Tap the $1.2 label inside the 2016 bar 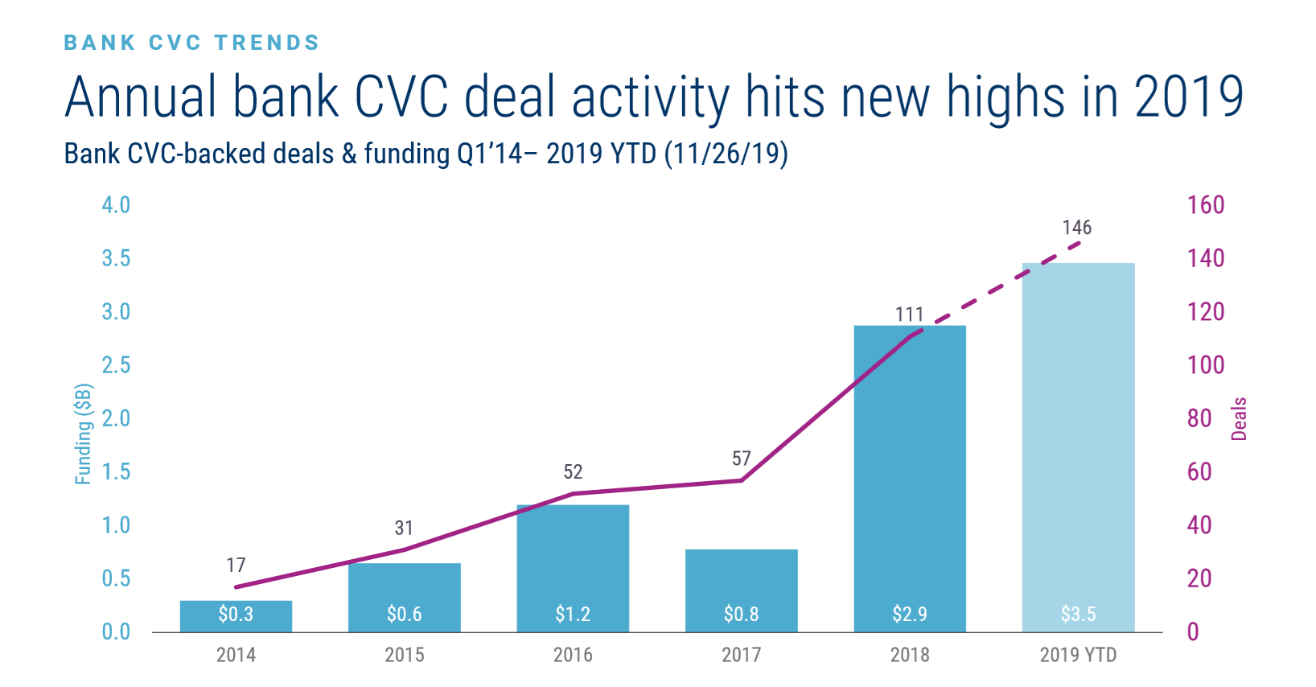573,615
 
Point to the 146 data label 1077,228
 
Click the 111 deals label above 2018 910,314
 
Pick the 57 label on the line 741,459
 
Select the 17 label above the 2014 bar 236,566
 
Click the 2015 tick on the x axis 404,655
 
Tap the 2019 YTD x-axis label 1078,655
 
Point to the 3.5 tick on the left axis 116,258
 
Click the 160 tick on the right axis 1206,205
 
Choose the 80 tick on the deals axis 1199,418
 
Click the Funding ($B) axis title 84,434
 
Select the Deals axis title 1239,418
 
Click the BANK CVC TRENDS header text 191,43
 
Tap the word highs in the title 1005,97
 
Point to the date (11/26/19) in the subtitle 726,153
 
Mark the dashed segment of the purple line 997,286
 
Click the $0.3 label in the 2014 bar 236,615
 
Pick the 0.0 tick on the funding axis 116,632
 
